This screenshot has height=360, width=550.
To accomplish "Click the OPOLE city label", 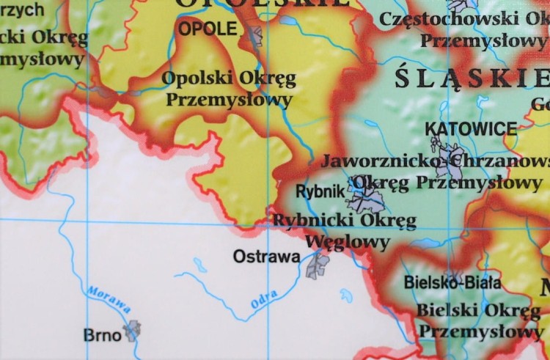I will tap(208, 29).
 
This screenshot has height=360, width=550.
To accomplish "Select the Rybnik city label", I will tap(320, 191).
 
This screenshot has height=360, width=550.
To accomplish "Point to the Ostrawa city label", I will tap(266, 257).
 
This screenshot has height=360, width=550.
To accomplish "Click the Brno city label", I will tap(102, 335).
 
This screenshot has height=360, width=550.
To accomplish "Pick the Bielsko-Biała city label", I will tap(452, 282).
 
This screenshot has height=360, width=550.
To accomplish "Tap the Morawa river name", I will tap(109, 300).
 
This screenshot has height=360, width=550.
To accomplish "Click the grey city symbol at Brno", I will tap(132, 331).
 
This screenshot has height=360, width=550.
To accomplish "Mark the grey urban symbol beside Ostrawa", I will tap(318, 265).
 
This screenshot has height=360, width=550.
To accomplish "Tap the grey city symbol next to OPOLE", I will tap(254, 35).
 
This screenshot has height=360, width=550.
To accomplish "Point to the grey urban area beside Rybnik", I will tap(365, 196).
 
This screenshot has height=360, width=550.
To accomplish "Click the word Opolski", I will tap(194, 78).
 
